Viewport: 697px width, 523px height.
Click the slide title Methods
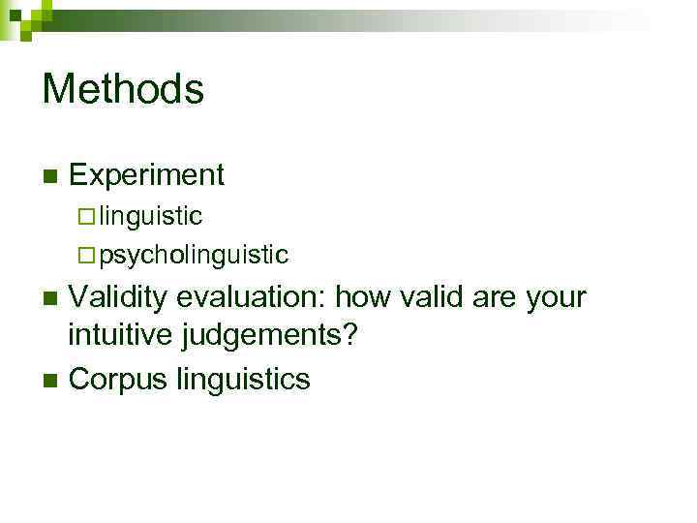[x=123, y=89]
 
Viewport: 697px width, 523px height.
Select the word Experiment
[x=147, y=175]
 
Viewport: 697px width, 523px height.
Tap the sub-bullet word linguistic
[x=150, y=215]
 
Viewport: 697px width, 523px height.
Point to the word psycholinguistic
[x=194, y=256]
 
